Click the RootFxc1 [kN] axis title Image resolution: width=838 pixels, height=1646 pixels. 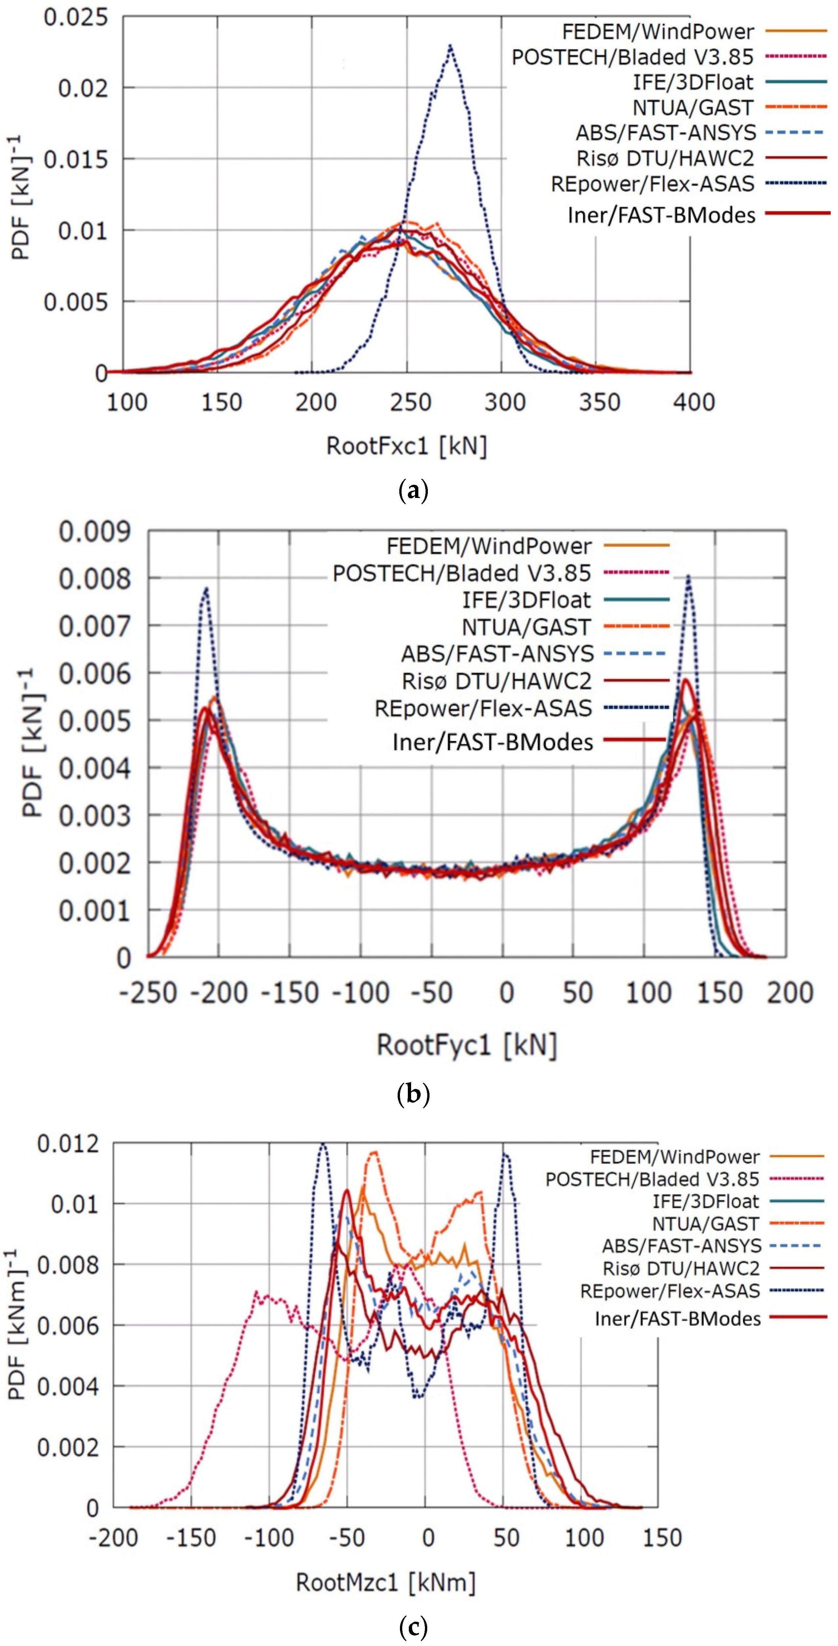407,445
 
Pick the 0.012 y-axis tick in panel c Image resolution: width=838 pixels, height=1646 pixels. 68,1143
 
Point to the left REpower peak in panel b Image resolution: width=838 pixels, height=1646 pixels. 206,589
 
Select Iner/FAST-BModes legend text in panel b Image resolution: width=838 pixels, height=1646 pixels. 493,742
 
